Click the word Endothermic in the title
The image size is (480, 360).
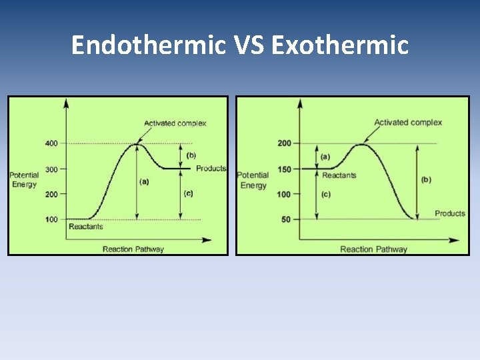pos(149,45)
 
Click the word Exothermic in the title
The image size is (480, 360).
pos(340,45)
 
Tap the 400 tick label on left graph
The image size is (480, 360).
pos(51,143)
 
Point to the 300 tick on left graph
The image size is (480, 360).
pos(51,169)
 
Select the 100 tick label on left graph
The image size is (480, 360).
pos(51,219)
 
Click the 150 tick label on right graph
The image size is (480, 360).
pos(284,169)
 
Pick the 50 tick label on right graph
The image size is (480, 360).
pos(286,219)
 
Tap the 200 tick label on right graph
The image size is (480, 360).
pos(284,143)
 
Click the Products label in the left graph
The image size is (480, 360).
pos(211,169)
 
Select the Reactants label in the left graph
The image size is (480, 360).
pos(86,227)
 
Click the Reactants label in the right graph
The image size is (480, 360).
pos(339,175)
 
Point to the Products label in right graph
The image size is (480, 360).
pos(449,213)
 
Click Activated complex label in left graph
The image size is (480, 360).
pos(175,123)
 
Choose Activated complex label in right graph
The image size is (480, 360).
pos(408,123)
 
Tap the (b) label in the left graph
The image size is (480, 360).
pos(191,155)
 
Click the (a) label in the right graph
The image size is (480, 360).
pos(325,157)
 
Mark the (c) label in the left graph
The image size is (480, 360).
pos(188,193)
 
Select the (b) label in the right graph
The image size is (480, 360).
pos(427,179)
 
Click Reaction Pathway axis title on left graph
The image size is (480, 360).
pos(133,249)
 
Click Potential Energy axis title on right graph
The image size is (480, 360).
pos(253,180)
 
